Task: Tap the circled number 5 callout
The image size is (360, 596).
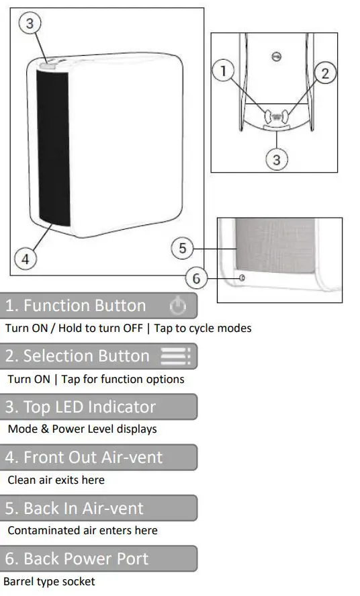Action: pos(182,249)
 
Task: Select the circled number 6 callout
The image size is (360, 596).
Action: pos(197,278)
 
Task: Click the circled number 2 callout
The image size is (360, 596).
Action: pos(325,73)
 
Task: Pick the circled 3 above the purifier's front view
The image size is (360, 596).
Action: pos(29,24)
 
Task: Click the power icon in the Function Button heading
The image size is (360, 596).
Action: pos(177,306)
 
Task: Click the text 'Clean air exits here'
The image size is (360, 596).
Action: pos(56,480)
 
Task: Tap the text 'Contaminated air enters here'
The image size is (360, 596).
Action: pos(82,530)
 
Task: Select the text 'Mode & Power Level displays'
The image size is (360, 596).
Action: pos(82,429)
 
